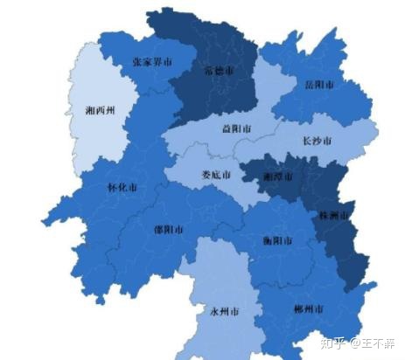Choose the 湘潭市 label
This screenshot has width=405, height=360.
click(x=278, y=176)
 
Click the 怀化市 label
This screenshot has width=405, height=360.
click(x=122, y=186)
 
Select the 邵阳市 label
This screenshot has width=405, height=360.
click(x=169, y=230)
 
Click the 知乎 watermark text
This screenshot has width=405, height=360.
click(x=332, y=342)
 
